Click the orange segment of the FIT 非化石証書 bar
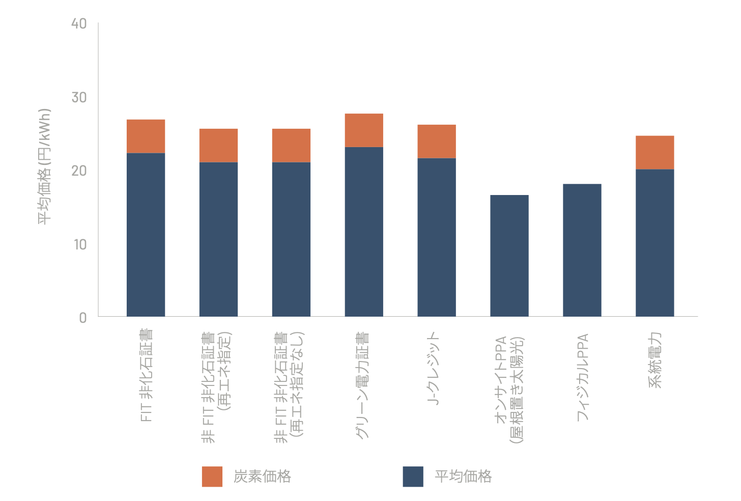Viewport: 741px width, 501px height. [x=146, y=136]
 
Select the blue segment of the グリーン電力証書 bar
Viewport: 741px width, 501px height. [x=364, y=232]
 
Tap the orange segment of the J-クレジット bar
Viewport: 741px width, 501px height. [x=437, y=142]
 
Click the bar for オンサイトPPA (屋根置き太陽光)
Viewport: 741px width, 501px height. [x=509, y=256]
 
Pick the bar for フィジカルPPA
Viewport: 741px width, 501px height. [x=582, y=250]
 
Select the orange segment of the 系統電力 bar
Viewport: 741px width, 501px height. [x=655, y=153]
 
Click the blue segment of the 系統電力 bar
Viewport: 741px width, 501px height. [x=655, y=243]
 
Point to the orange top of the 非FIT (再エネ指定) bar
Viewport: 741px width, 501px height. [x=219, y=146]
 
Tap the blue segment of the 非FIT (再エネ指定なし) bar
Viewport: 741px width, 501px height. [x=292, y=240]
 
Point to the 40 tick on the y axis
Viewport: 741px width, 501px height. [x=79, y=24]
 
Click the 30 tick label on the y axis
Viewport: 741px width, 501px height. [x=79, y=98]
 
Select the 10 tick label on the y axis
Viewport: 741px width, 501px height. [x=80, y=245]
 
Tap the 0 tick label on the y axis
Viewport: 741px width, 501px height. [x=83, y=318]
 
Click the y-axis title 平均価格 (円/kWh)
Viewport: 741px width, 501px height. [x=44, y=166]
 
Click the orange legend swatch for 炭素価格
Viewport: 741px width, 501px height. [x=212, y=477]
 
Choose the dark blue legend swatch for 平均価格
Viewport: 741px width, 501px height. [x=413, y=477]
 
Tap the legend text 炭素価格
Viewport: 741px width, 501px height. [x=262, y=477]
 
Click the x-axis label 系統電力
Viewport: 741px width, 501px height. [x=654, y=360]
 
